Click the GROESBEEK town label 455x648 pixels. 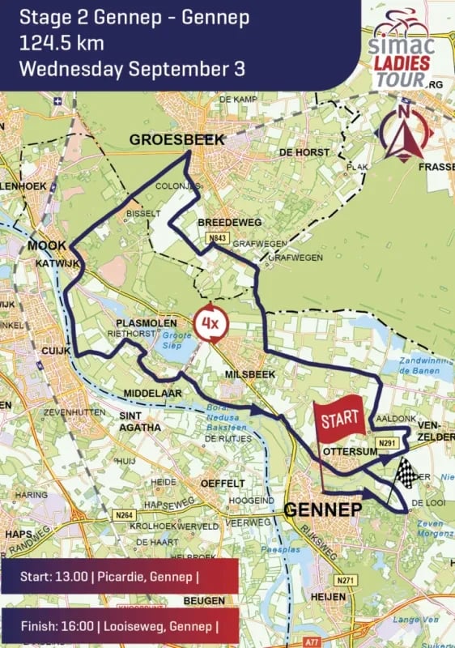click(176, 140)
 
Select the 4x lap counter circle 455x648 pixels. click(210, 326)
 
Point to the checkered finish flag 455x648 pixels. click(406, 473)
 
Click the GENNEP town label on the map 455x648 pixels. click(322, 509)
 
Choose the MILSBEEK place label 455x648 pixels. click(251, 374)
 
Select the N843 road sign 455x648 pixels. click(217, 238)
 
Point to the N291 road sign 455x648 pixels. click(388, 443)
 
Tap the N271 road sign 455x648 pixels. click(346, 581)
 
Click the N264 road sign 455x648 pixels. click(124, 516)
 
